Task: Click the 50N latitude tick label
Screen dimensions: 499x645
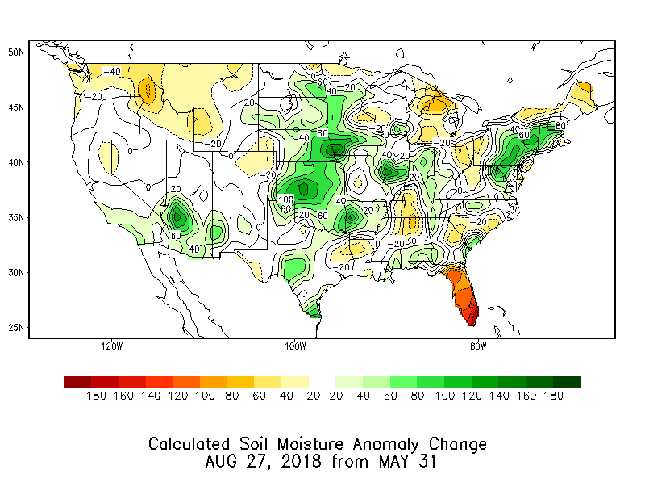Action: pyautogui.click(x=16, y=52)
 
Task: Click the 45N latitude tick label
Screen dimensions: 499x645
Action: pyautogui.click(x=16, y=107)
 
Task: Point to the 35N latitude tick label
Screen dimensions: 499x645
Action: pyautogui.click(x=16, y=217)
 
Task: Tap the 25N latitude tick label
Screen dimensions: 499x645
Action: pyautogui.click(x=16, y=328)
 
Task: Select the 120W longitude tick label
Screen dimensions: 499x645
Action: pyautogui.click(x=112, y=347)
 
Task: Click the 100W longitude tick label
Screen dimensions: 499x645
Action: pyautogui.click(x=295, y=347)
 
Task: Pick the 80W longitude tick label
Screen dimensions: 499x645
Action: pyautogui.click(x=478, y=347)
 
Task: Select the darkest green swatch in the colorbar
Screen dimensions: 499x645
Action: pyautogui.click(x=567, y=382)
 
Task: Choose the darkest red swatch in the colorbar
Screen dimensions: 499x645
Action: pyautogui.click(x=77, y=382)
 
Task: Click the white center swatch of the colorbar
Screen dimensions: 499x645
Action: pyautogui.click(x=322, y=382)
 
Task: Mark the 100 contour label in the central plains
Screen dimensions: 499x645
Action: pyautogui.click(x=285, y=199)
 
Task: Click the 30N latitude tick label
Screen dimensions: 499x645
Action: pyautogui.click(x=16, y=272)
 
